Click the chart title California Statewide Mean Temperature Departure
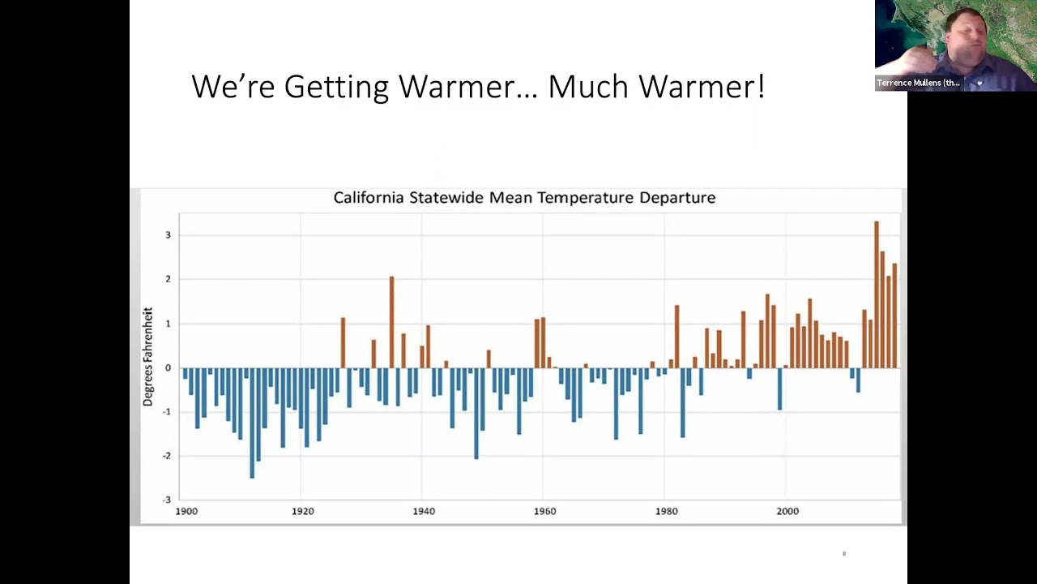click(x=524, y=198)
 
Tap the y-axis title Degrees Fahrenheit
click(x=148, y=357)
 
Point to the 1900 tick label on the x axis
click(x=186, y=511)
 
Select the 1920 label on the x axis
click(x=302, y=511)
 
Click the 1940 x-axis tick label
click(x=424, y=511)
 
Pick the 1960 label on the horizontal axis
click(x=544, y=511)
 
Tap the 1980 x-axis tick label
click(x=666, y=511)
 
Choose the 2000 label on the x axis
click(x=787, y=511)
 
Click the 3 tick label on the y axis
click(x=169, y=235)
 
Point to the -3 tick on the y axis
click(x=167, y=500)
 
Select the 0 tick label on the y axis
click(x=169, y=367)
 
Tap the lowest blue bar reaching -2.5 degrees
click(x=252, y=423)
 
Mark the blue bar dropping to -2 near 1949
click(x=476, y=413)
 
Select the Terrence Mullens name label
click(x=918, y=83)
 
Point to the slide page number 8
click(x=844, y=554)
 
